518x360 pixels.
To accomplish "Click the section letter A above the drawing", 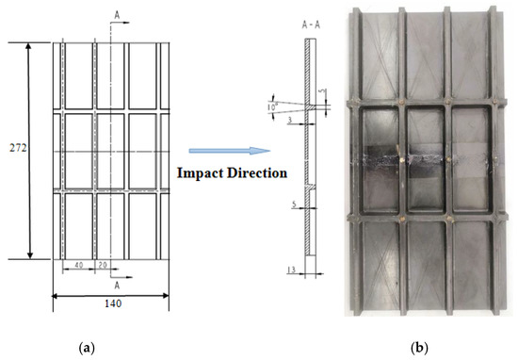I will [x=116, y=14].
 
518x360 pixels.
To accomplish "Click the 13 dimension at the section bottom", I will [x=293, y=270].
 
